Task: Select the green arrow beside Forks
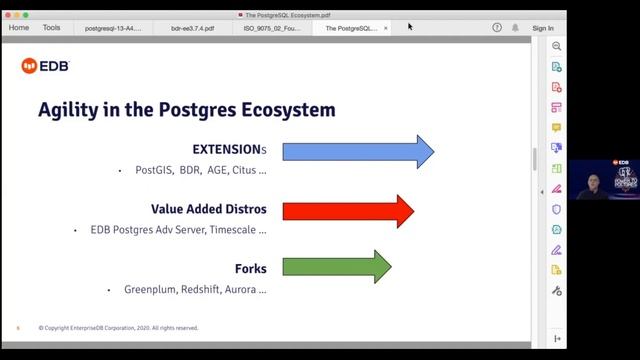coord(336,267)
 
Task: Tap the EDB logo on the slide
coord(45,66)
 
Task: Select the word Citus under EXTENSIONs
coord(244,171)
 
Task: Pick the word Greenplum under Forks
coord(150,290)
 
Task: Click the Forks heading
coord(250,269)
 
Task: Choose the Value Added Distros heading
coord(209,210)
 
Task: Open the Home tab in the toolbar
coord(19,28)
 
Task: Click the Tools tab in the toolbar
coord(51,28)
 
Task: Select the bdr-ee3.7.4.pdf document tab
coord(192,28)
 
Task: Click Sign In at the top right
coord(543,28)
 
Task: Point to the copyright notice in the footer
coord(118,328)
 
